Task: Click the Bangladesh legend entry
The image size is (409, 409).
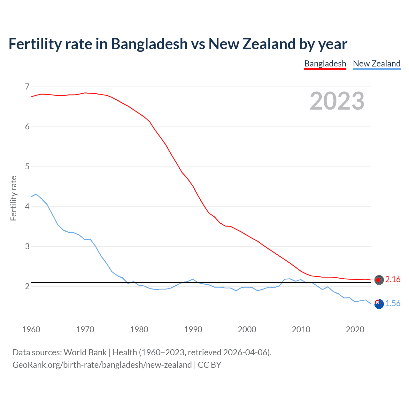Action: tap(325, 64)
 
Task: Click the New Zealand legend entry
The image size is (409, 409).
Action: tap(376, 64)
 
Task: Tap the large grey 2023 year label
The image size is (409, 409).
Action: tap(337, 101)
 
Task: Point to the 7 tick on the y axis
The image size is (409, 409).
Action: tap(27, 87)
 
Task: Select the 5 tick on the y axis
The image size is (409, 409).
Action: tap(27, 166)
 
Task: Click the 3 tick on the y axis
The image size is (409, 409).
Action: tap(27, 246)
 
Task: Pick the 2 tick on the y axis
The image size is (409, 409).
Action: tap(27, 286)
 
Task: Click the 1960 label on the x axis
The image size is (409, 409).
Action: tap(31, 329)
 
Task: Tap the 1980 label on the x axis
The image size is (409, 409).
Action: tap(139, 329)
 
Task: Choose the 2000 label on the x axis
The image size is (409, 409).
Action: tap(247, 329)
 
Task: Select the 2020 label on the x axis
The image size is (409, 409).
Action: tap(355, 329)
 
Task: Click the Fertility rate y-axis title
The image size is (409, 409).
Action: tap(13, 198)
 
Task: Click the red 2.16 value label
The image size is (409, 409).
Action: tap(393, 280)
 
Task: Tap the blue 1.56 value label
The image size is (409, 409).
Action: tap(393, 304)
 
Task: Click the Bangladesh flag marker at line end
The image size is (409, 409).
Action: tap(379, 280)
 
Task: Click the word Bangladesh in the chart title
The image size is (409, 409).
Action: tap(149, 44)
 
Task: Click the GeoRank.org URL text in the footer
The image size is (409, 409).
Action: tap(102, 365)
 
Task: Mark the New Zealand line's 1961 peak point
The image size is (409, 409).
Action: tap(36, 194)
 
